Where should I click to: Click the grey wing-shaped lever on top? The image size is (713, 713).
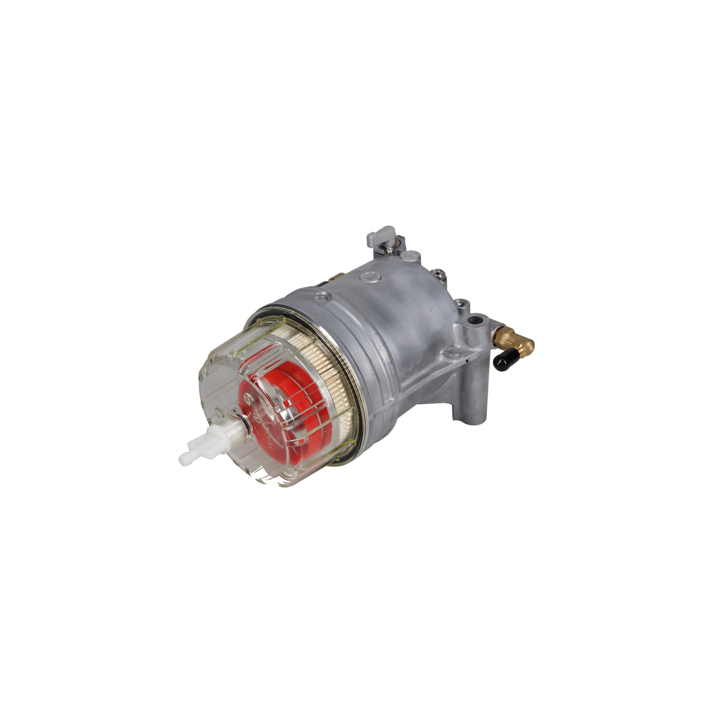pyautogui.click(x=380, y=236)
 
